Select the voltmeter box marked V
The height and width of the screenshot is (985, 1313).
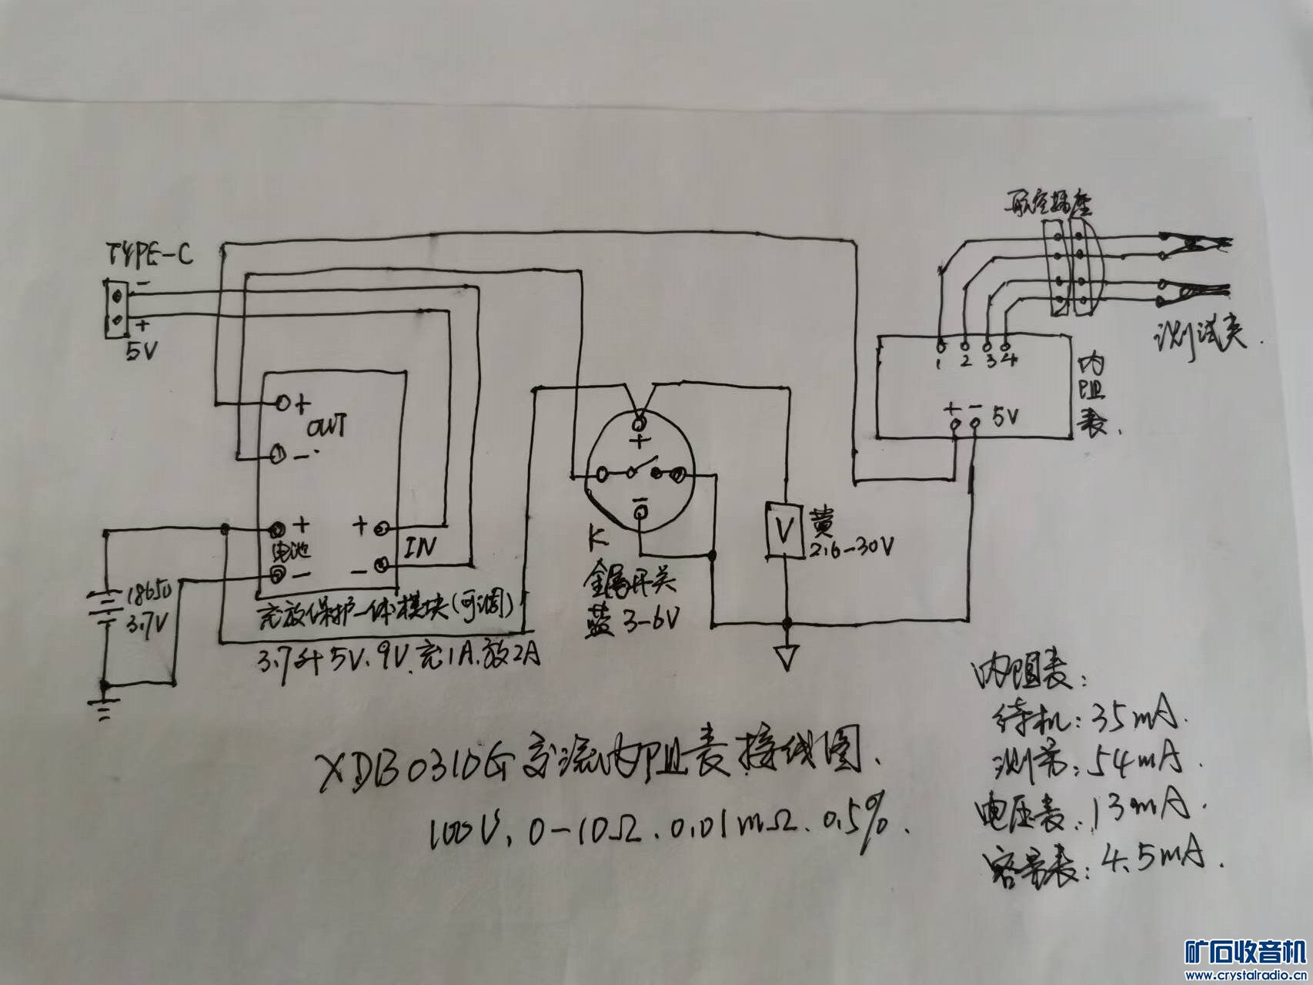click(784, 529)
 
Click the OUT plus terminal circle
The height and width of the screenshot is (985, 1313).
click(282, 403)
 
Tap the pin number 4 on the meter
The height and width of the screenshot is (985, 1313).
click(1011, 360)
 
